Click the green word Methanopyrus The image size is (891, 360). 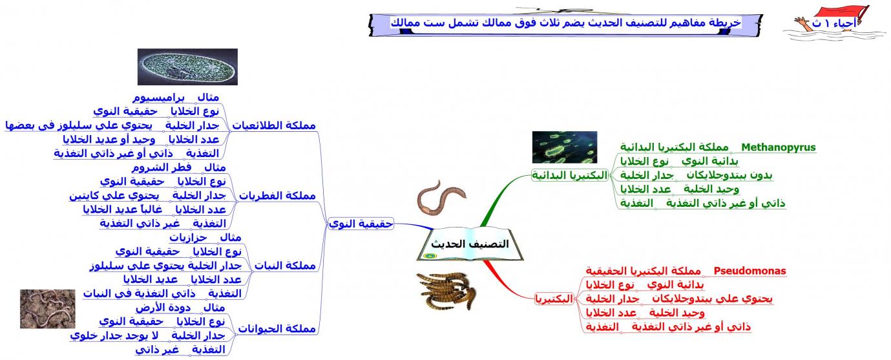779,147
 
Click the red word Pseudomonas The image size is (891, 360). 749,271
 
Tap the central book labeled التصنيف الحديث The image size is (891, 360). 470,244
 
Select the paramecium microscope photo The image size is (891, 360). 188,67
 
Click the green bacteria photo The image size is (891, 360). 565,147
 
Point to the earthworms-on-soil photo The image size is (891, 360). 48,309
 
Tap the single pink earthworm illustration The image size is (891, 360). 441,198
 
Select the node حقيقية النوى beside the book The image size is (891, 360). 361,224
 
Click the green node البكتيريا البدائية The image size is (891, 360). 570,175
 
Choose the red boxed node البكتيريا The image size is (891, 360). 554,299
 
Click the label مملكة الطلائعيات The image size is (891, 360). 274,125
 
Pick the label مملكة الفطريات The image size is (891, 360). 277,196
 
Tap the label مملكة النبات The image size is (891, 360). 285,266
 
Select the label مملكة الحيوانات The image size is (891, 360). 277,328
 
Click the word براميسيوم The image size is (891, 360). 159,98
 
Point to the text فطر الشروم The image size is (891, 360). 162,167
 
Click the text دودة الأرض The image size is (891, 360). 163,308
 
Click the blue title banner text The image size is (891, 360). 565,22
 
